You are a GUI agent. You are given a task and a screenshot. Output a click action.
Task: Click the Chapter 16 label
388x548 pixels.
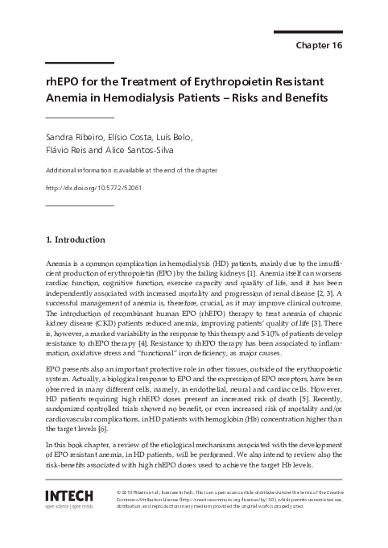(319, 45)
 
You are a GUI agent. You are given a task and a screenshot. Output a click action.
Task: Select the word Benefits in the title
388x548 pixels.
(297, 98)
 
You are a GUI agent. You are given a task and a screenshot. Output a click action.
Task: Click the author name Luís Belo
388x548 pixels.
(171, 138)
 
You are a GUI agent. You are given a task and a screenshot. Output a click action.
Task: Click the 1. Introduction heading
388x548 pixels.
(76, 239)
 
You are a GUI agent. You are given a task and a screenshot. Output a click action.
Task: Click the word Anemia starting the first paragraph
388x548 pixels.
(61, 264)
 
